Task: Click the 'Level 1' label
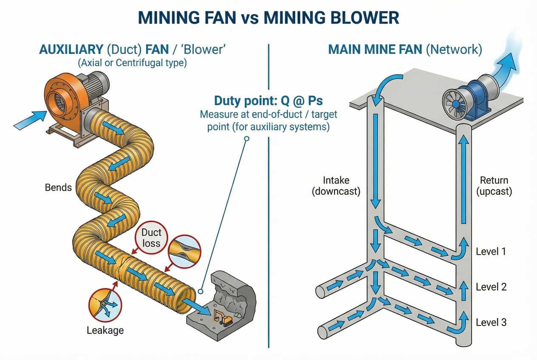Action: (x=491, y=251)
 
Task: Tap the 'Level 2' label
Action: (x=491, y=287)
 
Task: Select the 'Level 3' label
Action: (x=491, y=322)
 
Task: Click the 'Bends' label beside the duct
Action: (x=58, y=187)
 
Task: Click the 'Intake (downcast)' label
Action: (x=336, y=186)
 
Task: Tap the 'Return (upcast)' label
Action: (x=494, y=186)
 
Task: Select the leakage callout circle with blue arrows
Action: (x=104, y=305)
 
